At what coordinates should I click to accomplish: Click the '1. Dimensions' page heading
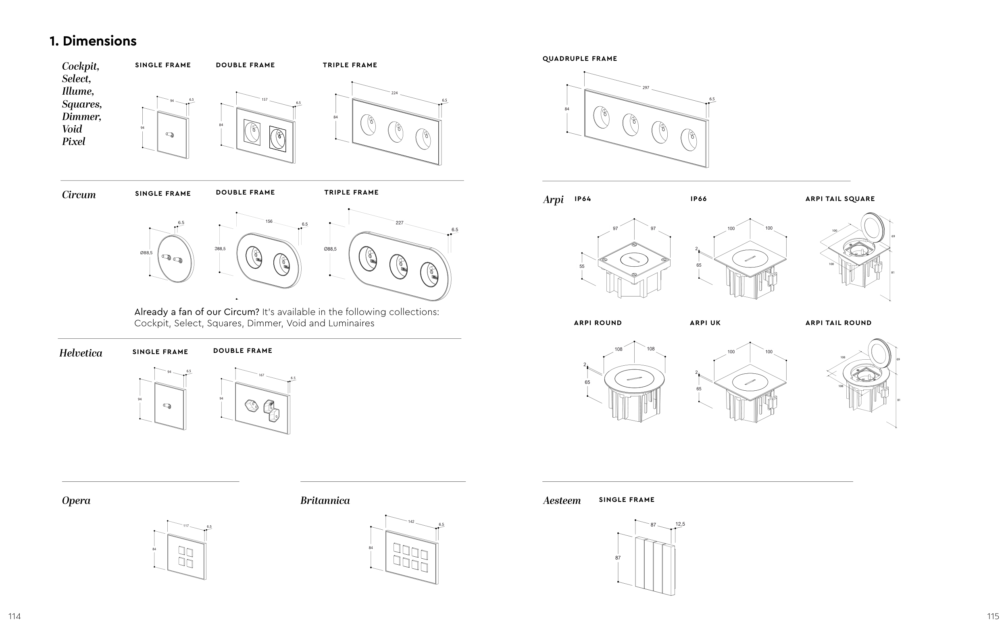[93, 41]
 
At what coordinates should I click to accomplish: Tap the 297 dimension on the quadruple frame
[646, 88]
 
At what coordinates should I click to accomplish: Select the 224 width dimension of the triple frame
[394, 93]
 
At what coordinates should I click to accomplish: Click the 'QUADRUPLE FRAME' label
[580, 59]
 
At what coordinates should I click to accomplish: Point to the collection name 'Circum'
[79, 195]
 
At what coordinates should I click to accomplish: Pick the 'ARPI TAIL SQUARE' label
[840, 199]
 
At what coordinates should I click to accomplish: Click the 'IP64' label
[583, 199]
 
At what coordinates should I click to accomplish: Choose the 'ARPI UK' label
[705, 323]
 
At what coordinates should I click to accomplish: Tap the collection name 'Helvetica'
[81, 353]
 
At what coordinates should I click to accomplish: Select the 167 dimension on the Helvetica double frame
[261, 375]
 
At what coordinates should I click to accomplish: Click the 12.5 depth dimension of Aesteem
[680, 524]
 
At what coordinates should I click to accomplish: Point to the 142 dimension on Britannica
[411, 522]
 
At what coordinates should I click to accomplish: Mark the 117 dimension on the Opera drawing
[186, 526]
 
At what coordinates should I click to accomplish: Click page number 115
[993, 616]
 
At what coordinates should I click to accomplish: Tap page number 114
[15, 616]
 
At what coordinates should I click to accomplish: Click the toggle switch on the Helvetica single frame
[167, 405]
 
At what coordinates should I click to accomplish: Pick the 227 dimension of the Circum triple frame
[399, 223]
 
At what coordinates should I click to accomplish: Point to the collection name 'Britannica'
[325, 501]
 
